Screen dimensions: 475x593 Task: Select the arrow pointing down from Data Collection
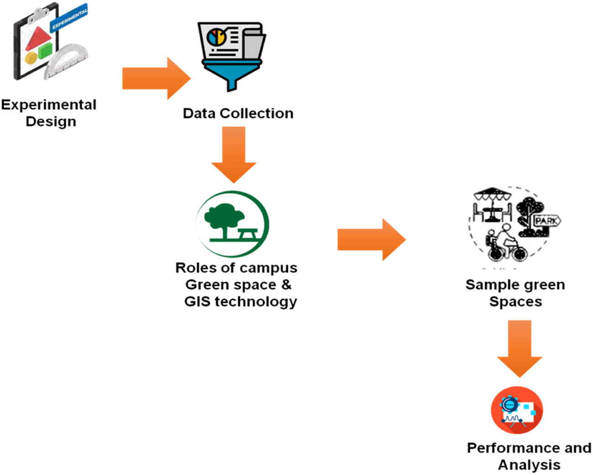point(234,154)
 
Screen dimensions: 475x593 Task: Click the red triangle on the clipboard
point(37,38)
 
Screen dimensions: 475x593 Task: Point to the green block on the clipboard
point(46,50)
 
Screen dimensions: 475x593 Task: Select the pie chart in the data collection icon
point(216,36)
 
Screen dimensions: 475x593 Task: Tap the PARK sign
point(546,221)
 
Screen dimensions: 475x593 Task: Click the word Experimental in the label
point(48,105)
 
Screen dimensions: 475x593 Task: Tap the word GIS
point(197,301)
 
